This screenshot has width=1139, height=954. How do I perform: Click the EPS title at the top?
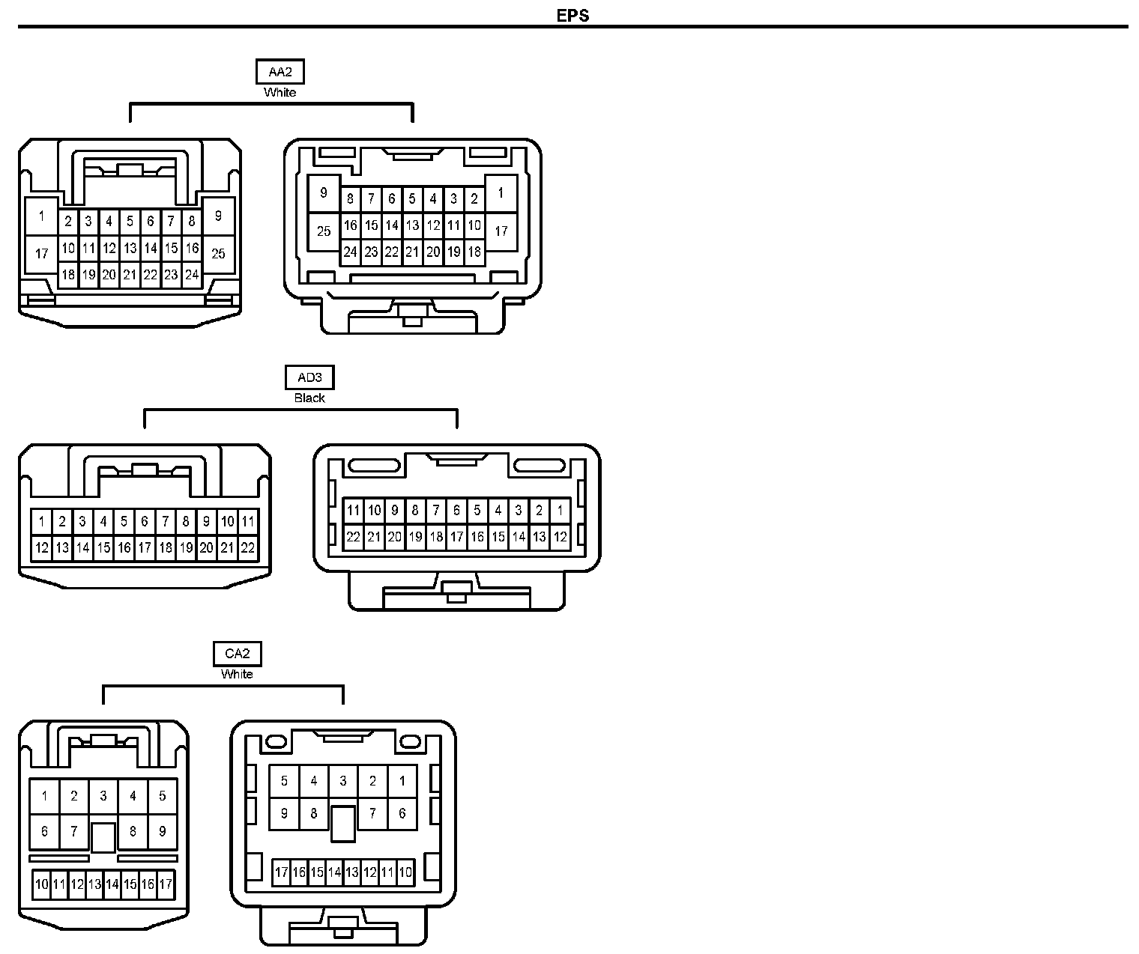tap(572, 16)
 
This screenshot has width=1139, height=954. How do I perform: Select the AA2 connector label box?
tap(280, 72)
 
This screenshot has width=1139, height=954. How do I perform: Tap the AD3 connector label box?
tap(309, 377)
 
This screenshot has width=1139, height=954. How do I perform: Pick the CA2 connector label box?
tap(237, 654)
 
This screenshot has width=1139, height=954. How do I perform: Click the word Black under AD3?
tap(309, 398)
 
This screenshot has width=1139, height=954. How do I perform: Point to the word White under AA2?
tap(280, 93)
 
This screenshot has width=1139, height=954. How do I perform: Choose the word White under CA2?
tap(237, 675)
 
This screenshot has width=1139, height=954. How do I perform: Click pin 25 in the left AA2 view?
tap(218, 254)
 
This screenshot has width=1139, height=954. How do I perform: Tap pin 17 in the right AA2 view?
tap(501, 231)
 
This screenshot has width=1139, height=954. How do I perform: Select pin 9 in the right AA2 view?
tap(324, 193)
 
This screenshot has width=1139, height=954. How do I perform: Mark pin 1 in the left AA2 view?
tap(41, 216)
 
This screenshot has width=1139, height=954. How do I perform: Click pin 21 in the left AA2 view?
tap(130, 275)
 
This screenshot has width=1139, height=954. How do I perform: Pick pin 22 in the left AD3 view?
tap(247, 547)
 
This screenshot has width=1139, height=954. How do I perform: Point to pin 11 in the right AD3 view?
tap(354, 511)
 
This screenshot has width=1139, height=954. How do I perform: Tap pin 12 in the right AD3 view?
tap(560, 537)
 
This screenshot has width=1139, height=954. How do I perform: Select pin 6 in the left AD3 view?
tap(145, 521)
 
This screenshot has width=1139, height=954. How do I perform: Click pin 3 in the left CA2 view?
tap(103, 796)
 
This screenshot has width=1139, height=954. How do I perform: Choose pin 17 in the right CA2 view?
tap(281, 872)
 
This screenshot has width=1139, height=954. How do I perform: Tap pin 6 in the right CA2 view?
tap(402, 813)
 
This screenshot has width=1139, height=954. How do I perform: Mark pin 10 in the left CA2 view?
tap(41, 884)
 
